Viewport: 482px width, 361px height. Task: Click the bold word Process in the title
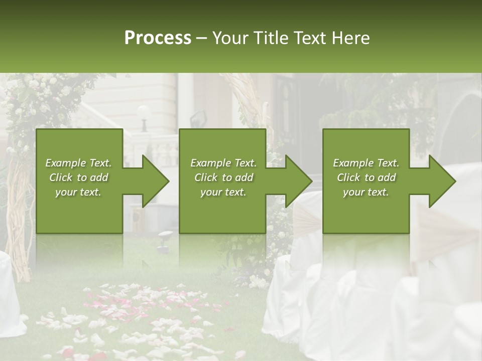click(158, 38)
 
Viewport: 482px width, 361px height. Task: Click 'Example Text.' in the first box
click(79, 163)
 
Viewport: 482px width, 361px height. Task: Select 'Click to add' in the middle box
click(223, 177)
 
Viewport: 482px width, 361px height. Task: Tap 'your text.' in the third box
click(366, 192)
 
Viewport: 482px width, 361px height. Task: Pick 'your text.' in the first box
click(79, 192)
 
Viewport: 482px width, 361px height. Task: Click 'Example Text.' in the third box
click(366, 163)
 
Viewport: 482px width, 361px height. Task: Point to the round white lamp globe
click(144, 111)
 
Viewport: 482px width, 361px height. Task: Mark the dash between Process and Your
click(202, 38)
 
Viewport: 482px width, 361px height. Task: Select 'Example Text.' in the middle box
click(223, 163)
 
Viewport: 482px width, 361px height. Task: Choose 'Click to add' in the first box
click(79, 177)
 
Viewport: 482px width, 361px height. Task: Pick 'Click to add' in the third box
click(366, 177)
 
